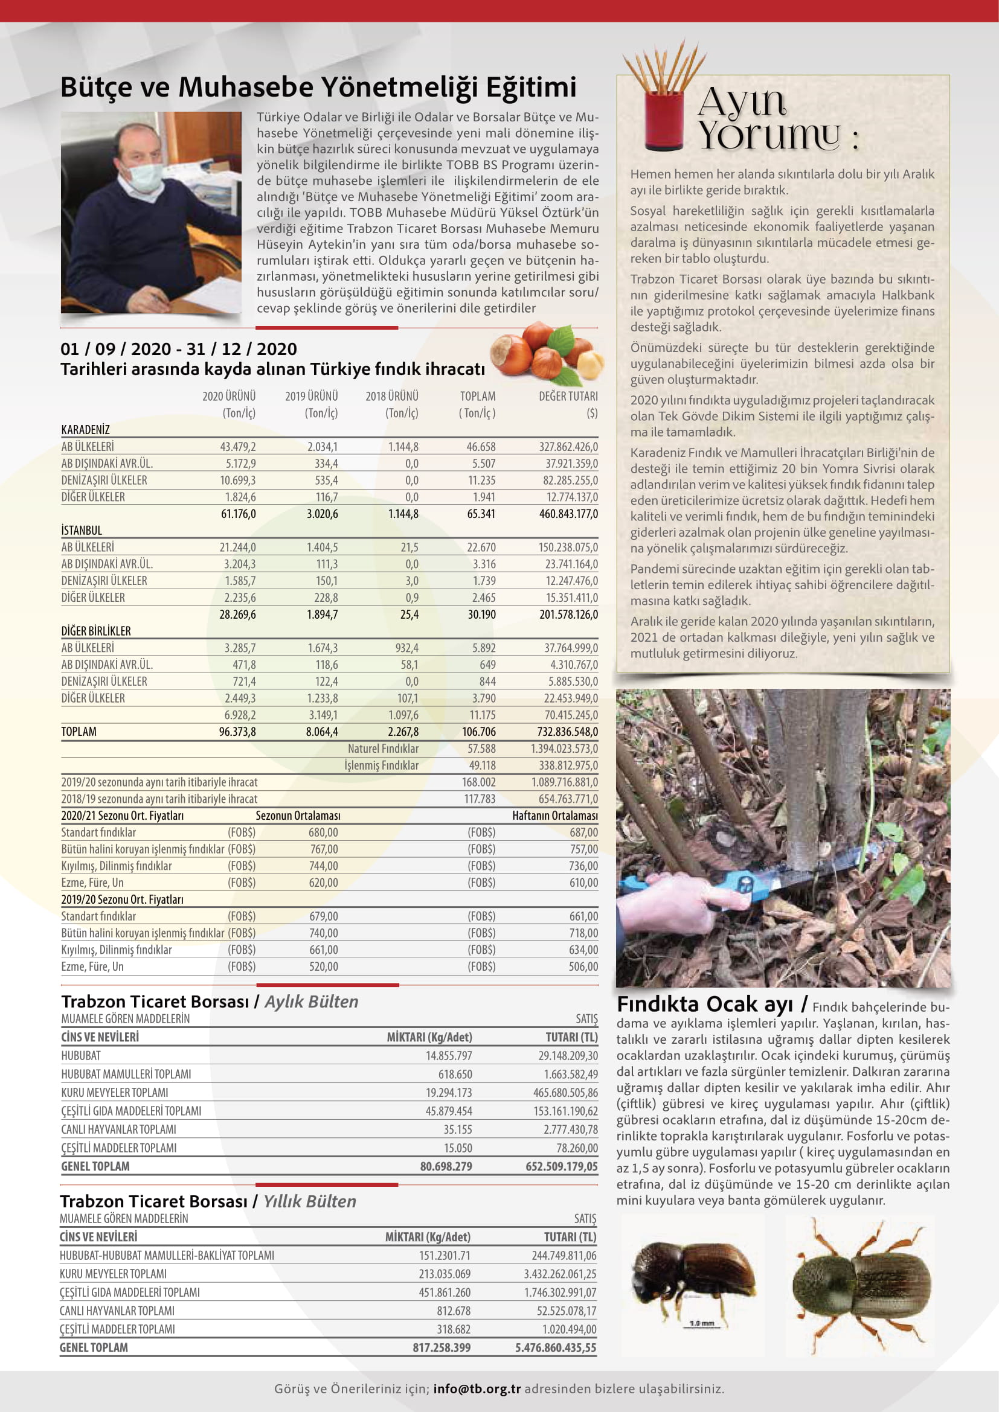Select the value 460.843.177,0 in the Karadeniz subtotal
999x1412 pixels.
point(568,514)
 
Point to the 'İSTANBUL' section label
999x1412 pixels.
point(82,530)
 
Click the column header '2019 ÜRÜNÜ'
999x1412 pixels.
point(311,396)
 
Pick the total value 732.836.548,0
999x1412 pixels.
point(567,732)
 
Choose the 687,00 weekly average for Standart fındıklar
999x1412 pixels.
point(583,832)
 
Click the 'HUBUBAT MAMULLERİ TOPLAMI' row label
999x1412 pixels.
point(126,1074)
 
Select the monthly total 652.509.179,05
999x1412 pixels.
point(561,1166)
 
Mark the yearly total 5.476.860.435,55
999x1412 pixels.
point(556,1347)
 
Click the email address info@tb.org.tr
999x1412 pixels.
point(477,1388)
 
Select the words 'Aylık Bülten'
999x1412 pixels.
point(311,1002)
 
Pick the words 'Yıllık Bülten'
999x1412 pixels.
point(309,1202)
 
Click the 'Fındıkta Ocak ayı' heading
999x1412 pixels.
point(705,1005)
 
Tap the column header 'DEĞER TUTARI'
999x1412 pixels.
point(568,396)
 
